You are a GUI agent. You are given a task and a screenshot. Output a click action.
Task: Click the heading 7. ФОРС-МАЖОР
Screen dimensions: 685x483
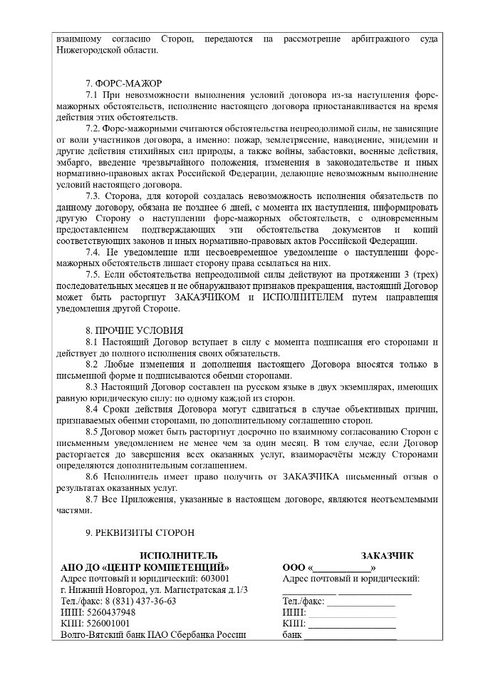pyautogui.click(x=123, y=84)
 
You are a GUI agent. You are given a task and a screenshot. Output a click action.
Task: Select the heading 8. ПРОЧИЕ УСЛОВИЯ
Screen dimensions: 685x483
pyautogui.click(x=133, y=330)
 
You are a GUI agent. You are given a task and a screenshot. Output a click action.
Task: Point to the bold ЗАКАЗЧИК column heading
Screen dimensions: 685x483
pyautogui.click(x=387, y=556)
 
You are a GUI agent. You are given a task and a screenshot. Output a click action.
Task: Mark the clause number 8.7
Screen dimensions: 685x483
pyautogui.click(x=91, y=498)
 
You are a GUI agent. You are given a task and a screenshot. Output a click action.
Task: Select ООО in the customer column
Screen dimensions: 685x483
pyautogui.click(x=294, y=567)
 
